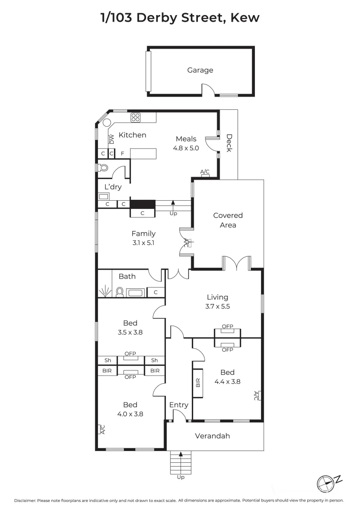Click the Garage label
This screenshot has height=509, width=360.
200,70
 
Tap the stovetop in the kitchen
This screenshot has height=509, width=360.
136,117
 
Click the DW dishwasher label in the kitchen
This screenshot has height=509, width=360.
112,139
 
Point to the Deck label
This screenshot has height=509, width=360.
229,143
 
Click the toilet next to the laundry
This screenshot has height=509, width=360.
103,167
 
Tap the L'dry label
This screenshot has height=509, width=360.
113,187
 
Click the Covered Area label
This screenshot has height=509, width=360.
228,220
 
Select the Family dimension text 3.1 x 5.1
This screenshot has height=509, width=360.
143,243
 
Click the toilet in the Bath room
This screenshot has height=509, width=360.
120,292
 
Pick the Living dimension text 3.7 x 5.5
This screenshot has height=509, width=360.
217,306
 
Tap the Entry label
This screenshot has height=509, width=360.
179,405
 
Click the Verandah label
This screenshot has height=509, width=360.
213,436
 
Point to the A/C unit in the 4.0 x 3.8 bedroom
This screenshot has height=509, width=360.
101,429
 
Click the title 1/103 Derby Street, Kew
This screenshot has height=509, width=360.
180,18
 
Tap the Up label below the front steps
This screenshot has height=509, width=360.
180,477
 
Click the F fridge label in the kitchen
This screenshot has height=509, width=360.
123,154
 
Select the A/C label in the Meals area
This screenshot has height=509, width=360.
205,172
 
